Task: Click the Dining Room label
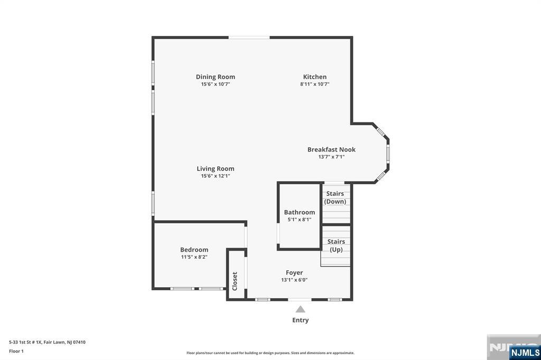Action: tap(216, 77)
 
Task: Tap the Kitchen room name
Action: tap(314, 77)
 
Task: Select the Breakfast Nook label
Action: tap(331, 149)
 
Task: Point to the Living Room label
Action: tap(216, 169)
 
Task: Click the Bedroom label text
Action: tap(194, 250)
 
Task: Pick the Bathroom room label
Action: tap(300, 212)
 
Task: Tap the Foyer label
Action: tap(294, 273)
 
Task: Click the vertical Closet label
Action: tap(235, 281)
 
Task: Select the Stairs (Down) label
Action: tap(335, 197)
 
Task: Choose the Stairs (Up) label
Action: tap(336, 245)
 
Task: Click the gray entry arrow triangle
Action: tap(300, 309)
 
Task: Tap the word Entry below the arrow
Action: tap(300, 320)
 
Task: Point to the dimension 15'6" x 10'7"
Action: tap(216, 84)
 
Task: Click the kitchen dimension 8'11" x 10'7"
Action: tap(315, 84)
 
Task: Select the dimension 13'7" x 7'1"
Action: tap(331, 157)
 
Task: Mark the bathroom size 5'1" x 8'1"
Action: tap(300, 220)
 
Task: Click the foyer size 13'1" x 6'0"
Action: tap(294, 280)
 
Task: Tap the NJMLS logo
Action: tap(525, 352)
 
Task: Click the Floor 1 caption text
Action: tap(16, 350)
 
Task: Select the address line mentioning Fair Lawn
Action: tap(47, 342)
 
